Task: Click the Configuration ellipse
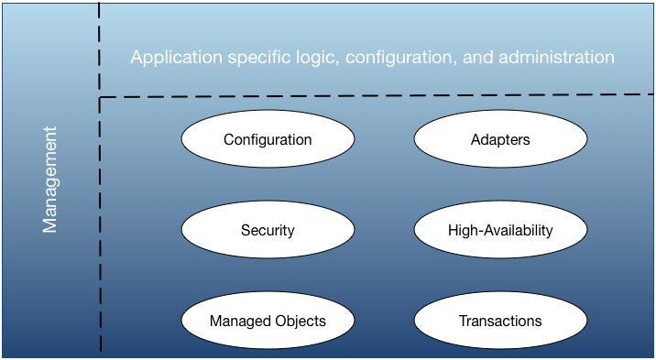[268, 140]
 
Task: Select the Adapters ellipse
[499, 140]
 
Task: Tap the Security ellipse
[268, 230]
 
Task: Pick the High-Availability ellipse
[499, 230]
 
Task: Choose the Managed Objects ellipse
[268, 321]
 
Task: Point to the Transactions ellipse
[499, 321]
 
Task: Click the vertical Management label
[50, 180]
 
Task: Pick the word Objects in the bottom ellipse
[298, 321]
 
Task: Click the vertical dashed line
[100, 229]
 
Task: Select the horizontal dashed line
[366, 94]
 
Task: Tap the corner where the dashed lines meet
[100, 97]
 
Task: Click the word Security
[268, 230]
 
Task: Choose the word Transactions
[500, 321]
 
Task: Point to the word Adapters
[499, 140]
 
